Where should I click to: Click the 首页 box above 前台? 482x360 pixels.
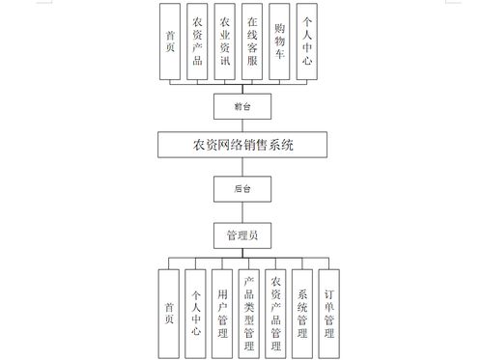tap(170, 41)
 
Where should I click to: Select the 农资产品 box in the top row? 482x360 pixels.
tap(198, 41)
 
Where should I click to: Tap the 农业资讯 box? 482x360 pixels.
tap(225, 41)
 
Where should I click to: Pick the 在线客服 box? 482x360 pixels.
tap(252, 41)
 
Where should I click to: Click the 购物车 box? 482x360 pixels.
tap(280, 41)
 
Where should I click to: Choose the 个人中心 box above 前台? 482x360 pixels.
tap(307, 41)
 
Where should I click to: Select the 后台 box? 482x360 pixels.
tap(239, 189)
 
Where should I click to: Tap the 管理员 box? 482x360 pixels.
tap(239, 234)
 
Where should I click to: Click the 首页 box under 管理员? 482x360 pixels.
tap(170, 306)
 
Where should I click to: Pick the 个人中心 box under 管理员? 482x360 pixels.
tap(197, 306)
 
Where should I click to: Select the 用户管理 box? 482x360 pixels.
tap(224, 306)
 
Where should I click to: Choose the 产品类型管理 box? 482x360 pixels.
tap(250, 306)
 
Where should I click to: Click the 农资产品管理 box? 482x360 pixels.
tap(277, 306)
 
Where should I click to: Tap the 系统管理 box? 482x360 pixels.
tap(303, 306)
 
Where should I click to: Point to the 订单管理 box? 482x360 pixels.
tap(329, 306)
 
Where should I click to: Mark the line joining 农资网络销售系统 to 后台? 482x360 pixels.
tap(239, 168)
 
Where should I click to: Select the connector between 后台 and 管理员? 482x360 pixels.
tap(239, 211)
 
